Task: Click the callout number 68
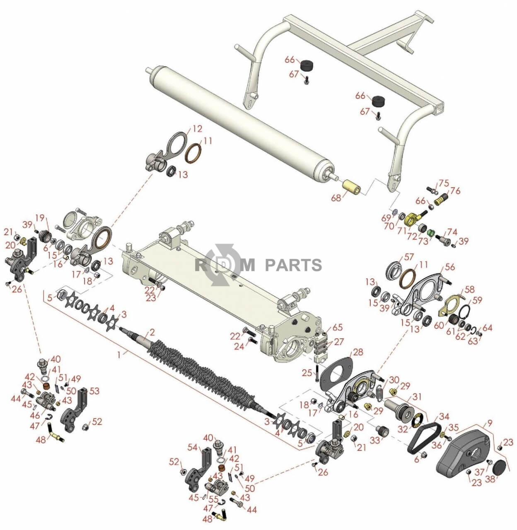336,198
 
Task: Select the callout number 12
197,129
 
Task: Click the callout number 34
444,417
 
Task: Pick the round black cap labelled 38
500,467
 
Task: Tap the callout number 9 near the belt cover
490,423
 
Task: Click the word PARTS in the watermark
293,265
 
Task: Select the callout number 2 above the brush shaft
152,332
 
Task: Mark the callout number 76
455,191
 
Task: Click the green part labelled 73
431,233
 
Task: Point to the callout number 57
409,257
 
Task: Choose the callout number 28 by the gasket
358,352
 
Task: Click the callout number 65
338,328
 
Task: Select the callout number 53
94,391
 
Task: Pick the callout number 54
193,447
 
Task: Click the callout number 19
40,218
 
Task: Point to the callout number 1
120,355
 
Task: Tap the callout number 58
469,289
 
